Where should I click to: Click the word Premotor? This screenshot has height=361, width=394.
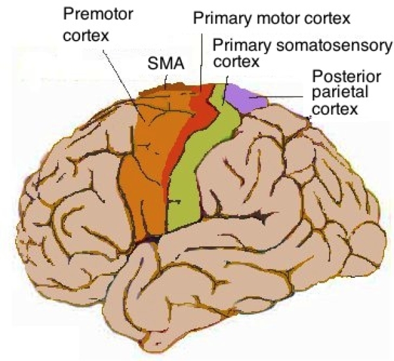93,12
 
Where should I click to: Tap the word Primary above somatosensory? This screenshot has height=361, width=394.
236,45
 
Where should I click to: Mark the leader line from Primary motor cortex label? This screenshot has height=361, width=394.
201,59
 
